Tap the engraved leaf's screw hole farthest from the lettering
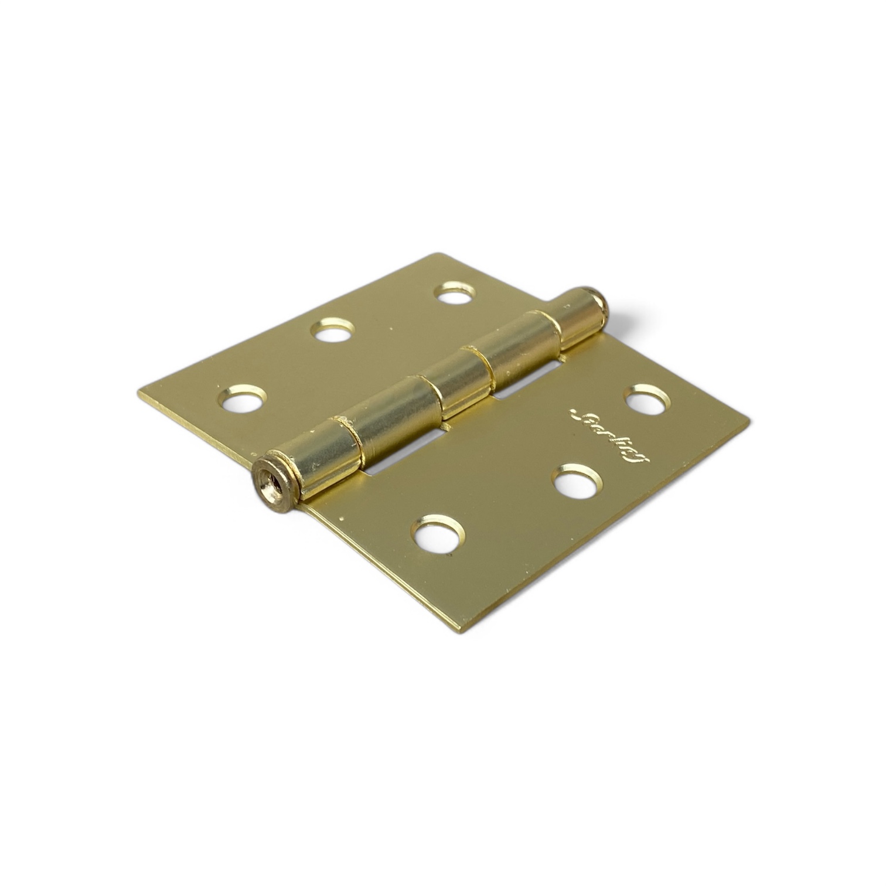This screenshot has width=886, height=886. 437,533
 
